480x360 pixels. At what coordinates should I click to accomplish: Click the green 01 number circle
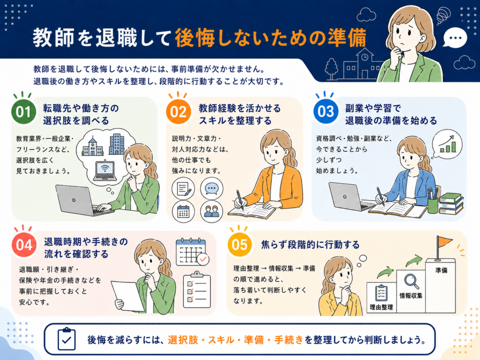click(23, 112)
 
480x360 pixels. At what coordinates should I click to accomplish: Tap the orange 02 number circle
click(179, 112)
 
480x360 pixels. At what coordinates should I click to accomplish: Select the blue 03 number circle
click(326, 112)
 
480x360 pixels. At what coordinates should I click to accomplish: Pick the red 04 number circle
click(24, 245)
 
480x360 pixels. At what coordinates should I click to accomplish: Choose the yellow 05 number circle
click(240, 245)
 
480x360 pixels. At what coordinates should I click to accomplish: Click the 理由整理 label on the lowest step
click(381, 307)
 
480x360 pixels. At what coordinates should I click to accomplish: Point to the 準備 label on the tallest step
click(441, 270)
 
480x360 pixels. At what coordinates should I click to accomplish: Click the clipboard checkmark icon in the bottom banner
click(67, 339)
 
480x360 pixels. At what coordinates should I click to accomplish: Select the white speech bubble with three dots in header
click(455, 38)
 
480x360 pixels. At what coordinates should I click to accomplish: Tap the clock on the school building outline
click(365, 57)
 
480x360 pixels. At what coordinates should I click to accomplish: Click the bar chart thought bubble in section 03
click(447, 144)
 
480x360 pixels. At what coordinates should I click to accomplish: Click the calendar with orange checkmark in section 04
click(192, 252)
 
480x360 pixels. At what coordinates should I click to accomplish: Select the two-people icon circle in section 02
click(211, 211)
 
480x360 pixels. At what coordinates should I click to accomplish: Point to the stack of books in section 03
click(451, 203)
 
